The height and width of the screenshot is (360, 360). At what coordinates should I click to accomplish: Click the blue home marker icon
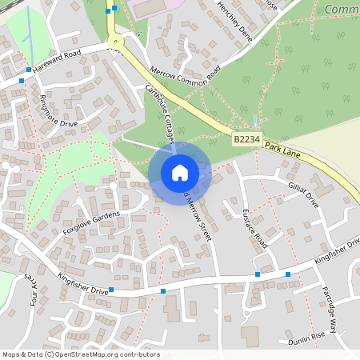click(180, 173)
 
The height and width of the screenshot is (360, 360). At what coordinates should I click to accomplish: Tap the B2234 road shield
click(246, 139)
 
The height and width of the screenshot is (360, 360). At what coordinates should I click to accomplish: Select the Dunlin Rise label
click(307, 338)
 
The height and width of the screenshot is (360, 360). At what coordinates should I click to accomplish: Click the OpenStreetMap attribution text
click(81, 354)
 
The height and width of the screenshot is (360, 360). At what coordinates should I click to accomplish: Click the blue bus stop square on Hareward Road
click(29, 70)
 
